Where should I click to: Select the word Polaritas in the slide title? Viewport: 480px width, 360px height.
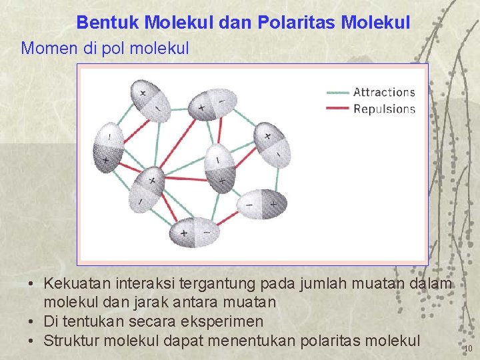click(301, 23)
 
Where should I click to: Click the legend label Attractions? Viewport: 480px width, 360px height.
click(384, 92)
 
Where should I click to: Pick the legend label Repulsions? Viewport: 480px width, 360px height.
click(384, 109)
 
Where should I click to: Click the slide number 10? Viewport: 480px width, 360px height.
click(468, 348)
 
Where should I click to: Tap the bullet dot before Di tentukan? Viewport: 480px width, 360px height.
click(32, 322)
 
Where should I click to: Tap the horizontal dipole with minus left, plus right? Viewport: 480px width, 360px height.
click(261, 204)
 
